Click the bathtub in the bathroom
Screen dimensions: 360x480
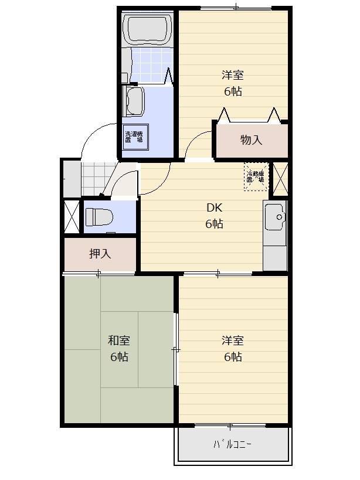148,29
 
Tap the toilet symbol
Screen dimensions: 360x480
99,217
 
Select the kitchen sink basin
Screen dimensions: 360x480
275,217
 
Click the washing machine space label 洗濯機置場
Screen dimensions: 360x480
135,137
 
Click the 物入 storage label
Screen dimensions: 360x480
252,140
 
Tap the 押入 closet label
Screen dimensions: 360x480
100,253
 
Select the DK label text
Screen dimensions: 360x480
214,208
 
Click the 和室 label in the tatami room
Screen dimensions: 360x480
119,341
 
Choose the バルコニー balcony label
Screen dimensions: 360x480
233,444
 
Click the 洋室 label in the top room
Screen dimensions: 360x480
233,75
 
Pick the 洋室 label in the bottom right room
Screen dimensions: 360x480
233,341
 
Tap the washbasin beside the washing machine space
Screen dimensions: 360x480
133,101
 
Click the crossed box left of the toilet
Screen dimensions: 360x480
72,216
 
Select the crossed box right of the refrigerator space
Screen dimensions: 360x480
280,179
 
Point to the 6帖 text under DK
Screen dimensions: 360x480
214,224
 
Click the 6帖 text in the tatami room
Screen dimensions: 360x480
119,357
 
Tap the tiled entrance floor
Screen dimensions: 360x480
96,179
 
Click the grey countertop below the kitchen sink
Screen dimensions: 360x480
275,258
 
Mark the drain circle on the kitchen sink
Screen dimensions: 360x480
279,217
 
